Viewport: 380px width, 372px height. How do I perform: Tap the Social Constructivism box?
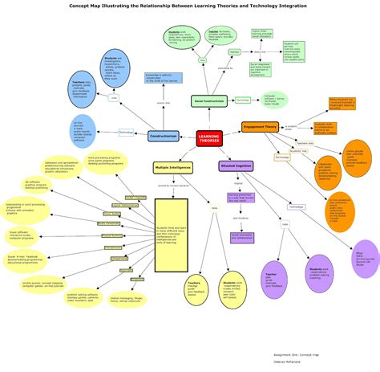tap(209, 100)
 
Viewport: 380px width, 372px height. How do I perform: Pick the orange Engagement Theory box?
tap(260, 126)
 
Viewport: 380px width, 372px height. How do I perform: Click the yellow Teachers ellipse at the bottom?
tap(195, 290)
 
